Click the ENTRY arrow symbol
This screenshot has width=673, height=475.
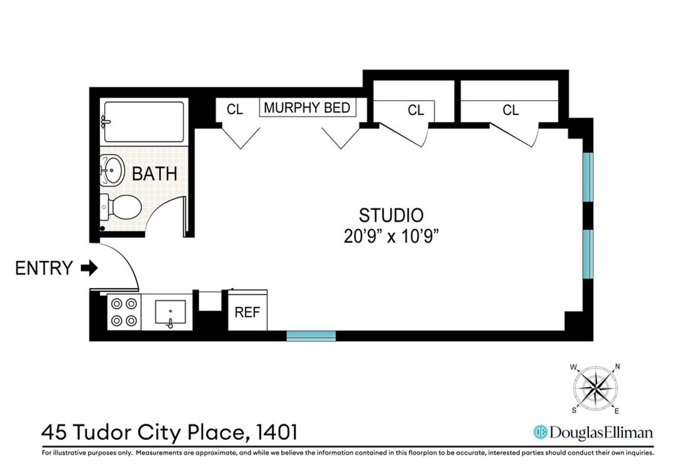pyautogui.click(x=89, y=268)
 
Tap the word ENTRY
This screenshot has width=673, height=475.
pyautogui.click(x=44, y=268)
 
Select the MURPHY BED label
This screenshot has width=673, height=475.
pyautogui.click(x=307, y=108)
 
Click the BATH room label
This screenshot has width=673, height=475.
pyautogui.click(x=154, y=174)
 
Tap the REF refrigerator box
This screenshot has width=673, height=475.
pyautogui.click(x=247, y=312)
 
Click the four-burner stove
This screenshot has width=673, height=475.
pyautogui.click(x=123, y=313)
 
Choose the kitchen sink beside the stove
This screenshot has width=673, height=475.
pyautogui.click(x=170, y=313)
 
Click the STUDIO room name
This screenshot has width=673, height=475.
pyautogui.click(x=391, y=215)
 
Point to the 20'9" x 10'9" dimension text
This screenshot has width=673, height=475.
pyautogui.click(x=391, y=236)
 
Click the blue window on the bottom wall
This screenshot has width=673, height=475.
pyautogui.click(x=311, y=336)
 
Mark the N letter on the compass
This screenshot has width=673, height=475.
pyautogui.click(x=617, y=367)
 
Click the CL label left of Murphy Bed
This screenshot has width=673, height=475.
pyautogui.click(x=234, y=110)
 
